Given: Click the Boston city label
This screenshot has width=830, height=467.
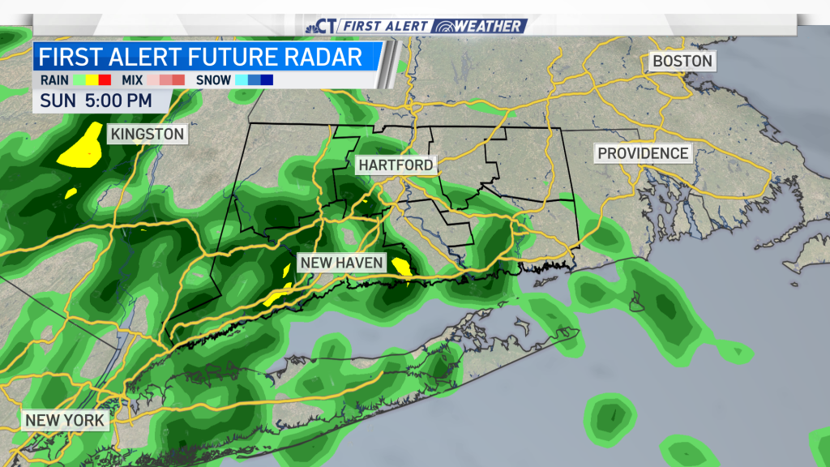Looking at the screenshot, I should tap(682, 61).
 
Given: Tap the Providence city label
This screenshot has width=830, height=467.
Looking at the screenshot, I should tap(643, 153).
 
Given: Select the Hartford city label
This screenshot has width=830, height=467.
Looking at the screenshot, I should tap(396, 165).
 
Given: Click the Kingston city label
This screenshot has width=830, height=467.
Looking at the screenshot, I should tap(148, 134).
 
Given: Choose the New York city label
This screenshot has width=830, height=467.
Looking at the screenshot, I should tap(65, 420).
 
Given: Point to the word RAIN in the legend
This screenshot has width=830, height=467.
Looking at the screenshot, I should tap(54, 80).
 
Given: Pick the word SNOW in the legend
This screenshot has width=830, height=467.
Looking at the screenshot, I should tap(213, 80).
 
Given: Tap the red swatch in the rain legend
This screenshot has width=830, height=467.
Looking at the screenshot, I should tap(105, 80).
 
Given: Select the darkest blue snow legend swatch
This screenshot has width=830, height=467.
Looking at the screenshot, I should tap(267, 80).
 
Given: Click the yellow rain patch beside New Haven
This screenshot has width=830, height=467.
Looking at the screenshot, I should tap(401, 266).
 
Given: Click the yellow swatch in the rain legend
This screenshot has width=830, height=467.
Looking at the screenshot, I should tap(92, 80).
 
